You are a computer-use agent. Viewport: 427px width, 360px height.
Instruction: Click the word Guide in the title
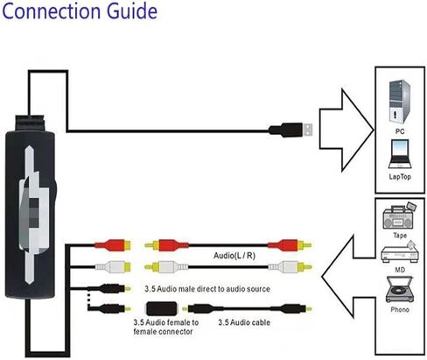[131, 11]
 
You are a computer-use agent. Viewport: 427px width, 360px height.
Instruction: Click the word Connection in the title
[52, 11]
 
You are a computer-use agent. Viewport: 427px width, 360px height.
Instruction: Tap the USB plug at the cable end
[290, 130]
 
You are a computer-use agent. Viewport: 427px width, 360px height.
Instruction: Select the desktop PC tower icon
[399, 102]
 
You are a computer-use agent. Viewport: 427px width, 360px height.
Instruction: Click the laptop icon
[400, 154]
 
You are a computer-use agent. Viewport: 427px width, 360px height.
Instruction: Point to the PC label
[400, 131]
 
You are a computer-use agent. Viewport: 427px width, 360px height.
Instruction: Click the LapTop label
[400, 177]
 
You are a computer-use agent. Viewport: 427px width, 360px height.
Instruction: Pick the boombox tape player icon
[399, 216]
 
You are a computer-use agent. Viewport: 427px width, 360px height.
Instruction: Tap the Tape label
[400, 236]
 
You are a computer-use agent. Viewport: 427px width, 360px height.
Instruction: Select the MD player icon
[400, 252]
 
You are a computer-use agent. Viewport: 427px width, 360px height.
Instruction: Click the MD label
[400, 270]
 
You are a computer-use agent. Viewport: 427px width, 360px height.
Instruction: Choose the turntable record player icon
[400, 290]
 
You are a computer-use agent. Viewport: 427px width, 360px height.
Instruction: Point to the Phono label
[400, 309]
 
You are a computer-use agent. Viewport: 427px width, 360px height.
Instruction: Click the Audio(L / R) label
[234, 256]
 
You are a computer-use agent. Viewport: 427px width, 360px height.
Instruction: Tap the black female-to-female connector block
[161, 308]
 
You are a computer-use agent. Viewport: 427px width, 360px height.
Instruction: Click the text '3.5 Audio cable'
[244, 322]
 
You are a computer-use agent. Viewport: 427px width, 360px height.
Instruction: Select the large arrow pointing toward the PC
[346, 130]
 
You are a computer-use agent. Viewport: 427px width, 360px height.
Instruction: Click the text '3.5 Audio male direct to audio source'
[207, 289]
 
